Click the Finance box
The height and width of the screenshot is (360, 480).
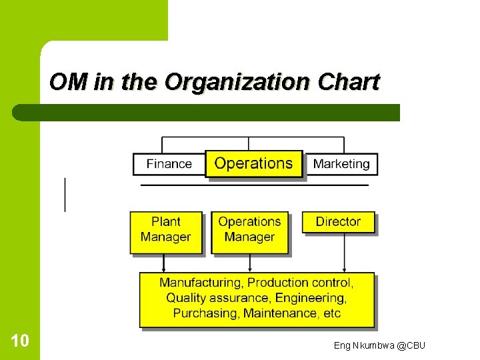pos(169,164)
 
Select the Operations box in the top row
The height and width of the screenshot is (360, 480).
pos(253,163)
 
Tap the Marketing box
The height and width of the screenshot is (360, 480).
pos(341,164)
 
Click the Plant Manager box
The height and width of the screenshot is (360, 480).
pos(165,230)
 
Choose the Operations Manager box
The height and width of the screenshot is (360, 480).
pos(249,230)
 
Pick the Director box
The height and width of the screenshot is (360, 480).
pos(338,222)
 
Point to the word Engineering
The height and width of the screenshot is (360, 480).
pos(310,298)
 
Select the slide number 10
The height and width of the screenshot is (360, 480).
pos(20,341)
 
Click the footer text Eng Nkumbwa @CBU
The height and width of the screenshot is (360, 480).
pos(379,345)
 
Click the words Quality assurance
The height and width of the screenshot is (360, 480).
pos(218,298)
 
